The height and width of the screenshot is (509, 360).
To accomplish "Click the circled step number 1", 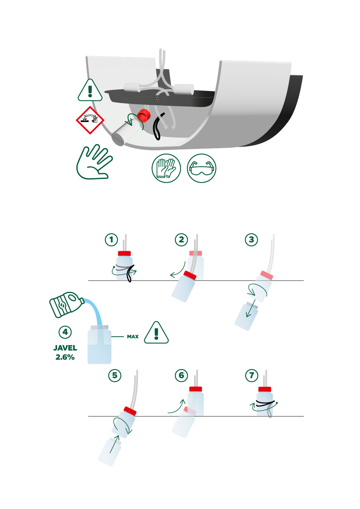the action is point(111,240).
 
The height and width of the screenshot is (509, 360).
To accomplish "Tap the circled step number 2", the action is point(181,240).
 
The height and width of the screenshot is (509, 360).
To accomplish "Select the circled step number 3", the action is point(251,240).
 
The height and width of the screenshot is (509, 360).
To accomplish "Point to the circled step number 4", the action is point(65,332).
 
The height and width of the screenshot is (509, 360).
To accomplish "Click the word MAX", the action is point(133,337).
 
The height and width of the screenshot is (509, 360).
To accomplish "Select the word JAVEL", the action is point(65,348).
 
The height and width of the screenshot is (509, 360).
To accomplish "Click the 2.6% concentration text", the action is point(65,357).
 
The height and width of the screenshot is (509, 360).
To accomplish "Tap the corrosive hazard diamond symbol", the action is point(90,120).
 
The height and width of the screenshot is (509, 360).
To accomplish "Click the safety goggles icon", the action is point(201,168).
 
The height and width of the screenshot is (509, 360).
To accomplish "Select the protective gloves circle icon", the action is point(166,168).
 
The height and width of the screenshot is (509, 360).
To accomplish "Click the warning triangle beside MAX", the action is point(156,333).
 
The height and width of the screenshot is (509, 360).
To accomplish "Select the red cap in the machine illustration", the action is point(143,116).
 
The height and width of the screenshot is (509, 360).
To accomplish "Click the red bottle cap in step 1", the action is point(124,254).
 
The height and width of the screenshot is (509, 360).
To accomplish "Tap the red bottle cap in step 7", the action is point(265,389).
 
